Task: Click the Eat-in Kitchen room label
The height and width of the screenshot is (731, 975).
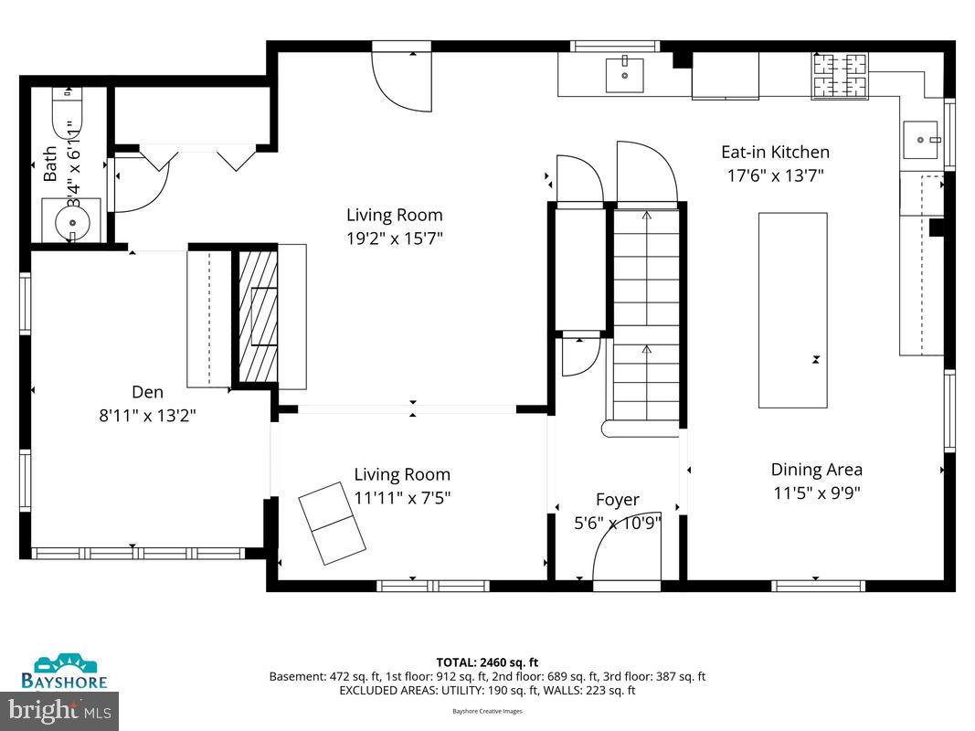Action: click(x=775, y=153)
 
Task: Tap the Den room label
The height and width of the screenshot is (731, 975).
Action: click(x=147, y=392)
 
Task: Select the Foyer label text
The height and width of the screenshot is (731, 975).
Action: click(x=617, y=500)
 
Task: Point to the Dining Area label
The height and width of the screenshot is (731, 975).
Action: click(x=816, y=470)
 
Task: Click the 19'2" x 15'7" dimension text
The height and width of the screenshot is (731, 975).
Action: click(x=394, y=238)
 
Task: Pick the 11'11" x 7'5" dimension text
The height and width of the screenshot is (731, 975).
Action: click(x=402, y=498)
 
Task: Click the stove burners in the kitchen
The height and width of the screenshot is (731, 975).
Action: click(x=840, y=75)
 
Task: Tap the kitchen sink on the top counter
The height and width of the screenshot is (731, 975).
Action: click(x=625, y=76)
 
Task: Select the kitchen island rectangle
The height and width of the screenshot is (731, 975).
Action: click(x=793, y=310)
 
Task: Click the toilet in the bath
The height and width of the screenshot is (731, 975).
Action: click(x=68, y=110)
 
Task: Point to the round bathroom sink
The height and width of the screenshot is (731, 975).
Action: click(x=70, y=222)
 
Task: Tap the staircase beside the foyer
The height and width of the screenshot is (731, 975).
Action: click(x=647, y=320)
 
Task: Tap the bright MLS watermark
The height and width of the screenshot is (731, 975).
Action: click(x=59, y=710)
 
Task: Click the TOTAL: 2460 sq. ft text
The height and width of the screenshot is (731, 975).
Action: click(x=487, y=662)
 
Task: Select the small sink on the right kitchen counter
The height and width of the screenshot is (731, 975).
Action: click(x=920, y=140)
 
